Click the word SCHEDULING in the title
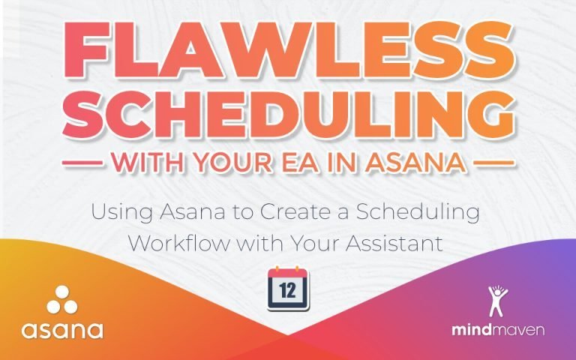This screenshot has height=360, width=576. pos(288,114)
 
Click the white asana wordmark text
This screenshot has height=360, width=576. pos(62,329)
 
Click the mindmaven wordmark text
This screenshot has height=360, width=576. pos(498,330)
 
